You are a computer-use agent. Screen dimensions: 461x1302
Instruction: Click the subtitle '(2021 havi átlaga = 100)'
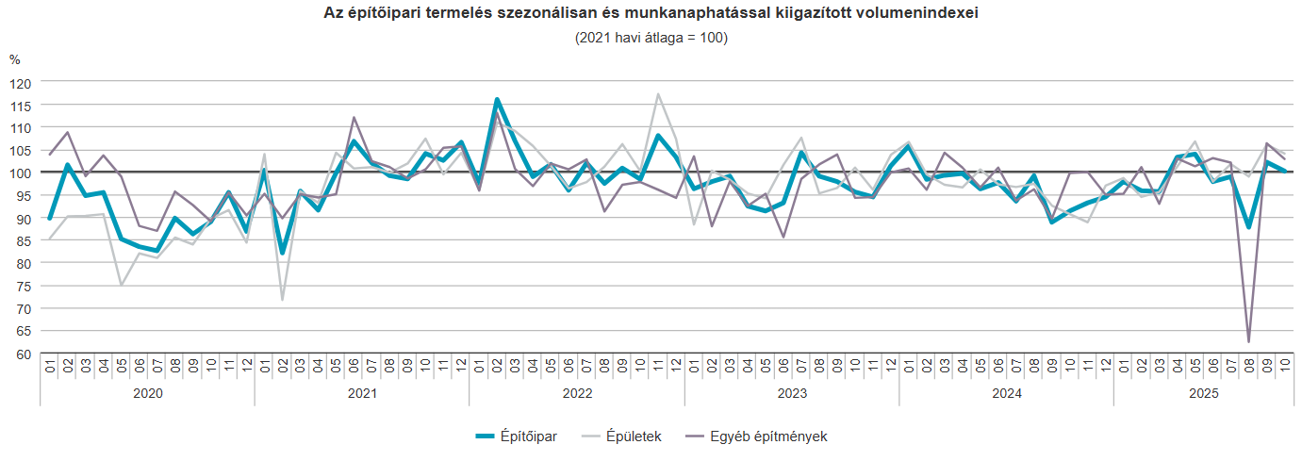coord(651,38)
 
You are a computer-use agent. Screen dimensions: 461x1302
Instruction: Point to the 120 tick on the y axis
coord(22,82)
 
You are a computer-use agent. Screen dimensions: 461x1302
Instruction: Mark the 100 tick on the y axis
coord(22,173)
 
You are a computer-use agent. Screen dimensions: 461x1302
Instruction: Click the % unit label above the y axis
coord(14,59)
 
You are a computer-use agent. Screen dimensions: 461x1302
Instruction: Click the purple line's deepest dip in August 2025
coord(1248,341)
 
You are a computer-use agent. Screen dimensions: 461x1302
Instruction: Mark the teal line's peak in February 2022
coord(497,99)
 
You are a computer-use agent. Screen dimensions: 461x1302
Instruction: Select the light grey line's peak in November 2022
coord(658,94)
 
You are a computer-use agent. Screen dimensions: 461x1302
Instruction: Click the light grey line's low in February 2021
coord(282,300)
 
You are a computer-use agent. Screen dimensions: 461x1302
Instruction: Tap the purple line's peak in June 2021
coord(354,118)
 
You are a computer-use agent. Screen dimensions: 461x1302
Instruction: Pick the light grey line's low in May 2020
coord(121,285)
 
